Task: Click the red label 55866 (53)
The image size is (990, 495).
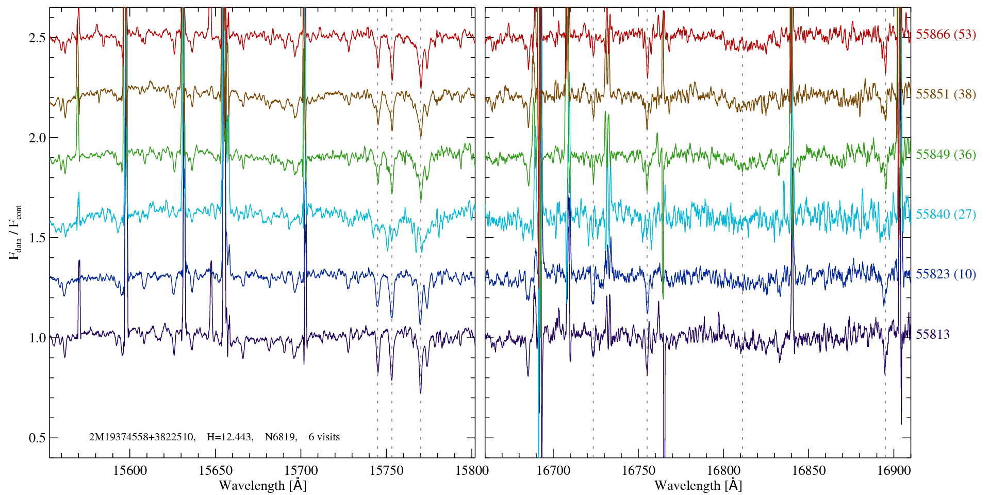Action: coord(946,35)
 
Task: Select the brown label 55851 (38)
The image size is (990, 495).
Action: coord(946,94)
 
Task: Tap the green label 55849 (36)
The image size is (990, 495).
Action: coord(946,154)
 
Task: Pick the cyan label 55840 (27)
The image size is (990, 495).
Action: coord(946,214)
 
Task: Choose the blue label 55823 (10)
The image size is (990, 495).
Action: coord(946,274)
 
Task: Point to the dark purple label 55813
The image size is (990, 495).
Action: coord(932,334)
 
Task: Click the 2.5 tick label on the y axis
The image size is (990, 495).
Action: coord(37,38)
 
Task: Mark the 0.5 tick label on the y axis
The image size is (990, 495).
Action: coord(37,438)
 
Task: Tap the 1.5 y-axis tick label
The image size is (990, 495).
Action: coord(37,238)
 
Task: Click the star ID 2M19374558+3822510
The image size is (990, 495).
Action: coord(142,437)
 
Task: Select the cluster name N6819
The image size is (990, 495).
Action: coord(280,437)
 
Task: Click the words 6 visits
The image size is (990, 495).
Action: coord(324,437)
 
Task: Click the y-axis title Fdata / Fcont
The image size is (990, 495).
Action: coord(15,232)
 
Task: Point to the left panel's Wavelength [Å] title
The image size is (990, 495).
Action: coord(262,485)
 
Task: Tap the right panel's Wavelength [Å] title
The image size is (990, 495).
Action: coord(698,485)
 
